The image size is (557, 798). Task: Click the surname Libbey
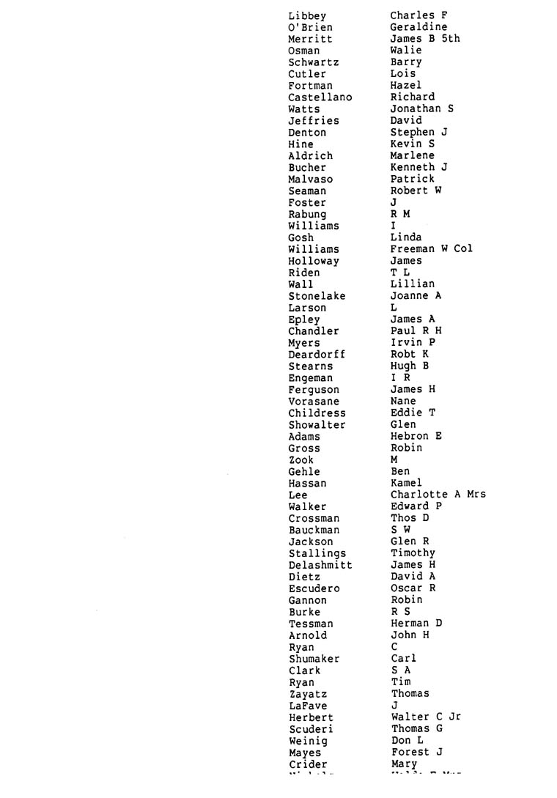(307, 15)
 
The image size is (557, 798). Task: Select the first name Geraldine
(418, 27)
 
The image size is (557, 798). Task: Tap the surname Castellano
(320, 97)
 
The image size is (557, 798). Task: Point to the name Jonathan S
(421, 109)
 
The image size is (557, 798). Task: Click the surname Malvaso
(311, 180)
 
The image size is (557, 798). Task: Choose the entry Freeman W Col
(431, 249)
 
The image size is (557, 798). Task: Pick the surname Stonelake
(317, 296)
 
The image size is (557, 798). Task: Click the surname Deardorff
(317, 355)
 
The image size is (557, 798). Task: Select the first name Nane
(403, 402)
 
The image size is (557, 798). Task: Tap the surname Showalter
(317, 425)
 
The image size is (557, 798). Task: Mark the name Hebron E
(416, 437)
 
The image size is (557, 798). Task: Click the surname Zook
(301, 460)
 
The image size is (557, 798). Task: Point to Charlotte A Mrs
(438, 495)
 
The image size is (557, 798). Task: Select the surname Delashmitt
(320, 565)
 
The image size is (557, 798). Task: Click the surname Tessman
(311, 624)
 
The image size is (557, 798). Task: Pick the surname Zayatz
(308, 694)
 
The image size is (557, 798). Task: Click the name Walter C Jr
(426, 717)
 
